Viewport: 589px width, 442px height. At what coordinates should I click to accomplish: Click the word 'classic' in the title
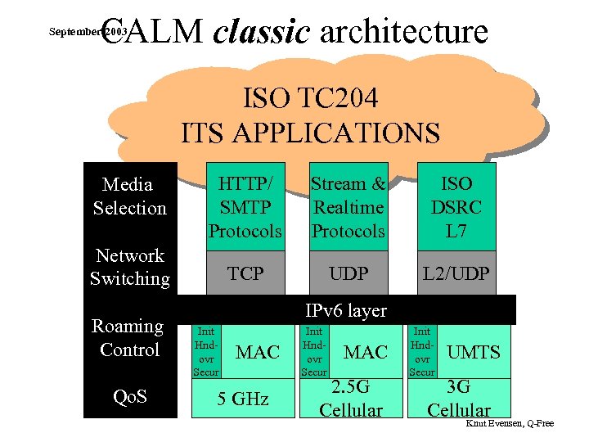[x=261, y=32]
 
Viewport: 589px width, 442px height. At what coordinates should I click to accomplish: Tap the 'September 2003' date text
[x=87, y=33]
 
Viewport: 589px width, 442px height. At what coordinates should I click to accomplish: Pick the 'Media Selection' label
[x=129, y=196]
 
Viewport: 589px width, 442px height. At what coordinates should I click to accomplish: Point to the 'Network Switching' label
[x=129, y=268]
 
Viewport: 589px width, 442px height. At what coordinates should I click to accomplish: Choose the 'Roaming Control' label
[x=128, y=338]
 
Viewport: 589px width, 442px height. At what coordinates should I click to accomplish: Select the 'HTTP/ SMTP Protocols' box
[x=245, y=208]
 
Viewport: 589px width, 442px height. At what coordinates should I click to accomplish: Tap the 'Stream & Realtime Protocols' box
[x=348, y=208]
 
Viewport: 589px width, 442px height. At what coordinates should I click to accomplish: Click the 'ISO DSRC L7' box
[x=456, y=208]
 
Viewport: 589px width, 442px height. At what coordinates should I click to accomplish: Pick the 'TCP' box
[x=245, y=273]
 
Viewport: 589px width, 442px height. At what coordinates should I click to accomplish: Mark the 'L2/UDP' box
[x=456, y=273]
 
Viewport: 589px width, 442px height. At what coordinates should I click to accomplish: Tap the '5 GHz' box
[x=243, y=399]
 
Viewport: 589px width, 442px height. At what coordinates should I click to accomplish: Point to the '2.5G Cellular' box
[x=350, y=399]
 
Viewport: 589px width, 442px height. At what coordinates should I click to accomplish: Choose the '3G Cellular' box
[x=459, y=399]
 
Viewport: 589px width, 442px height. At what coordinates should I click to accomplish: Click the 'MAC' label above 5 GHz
[x=258, y=353]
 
